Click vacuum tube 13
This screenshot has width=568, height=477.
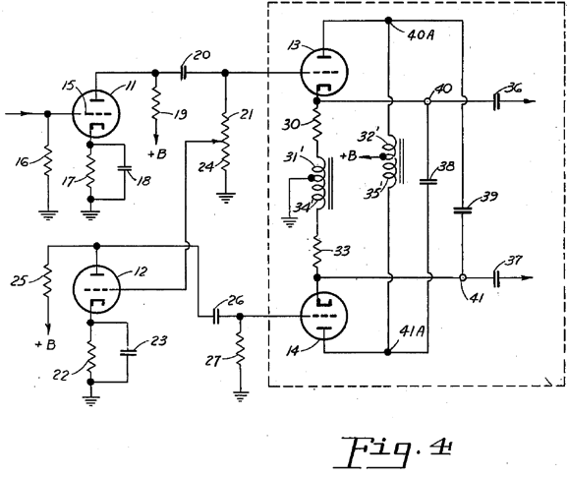pos(324,72)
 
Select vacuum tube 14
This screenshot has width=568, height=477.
pos(324,316)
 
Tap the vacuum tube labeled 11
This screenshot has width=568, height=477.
pos(96,114)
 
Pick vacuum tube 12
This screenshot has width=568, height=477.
pos(96,289)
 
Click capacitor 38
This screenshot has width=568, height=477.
pos(427,181)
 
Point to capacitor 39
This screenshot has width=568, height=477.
pos(463,209)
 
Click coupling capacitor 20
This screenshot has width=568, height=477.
pos(184,73)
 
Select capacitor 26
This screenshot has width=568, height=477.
pos(216,317)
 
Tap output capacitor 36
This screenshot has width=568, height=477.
pos(497,101)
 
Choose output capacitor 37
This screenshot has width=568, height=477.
pos(497,278)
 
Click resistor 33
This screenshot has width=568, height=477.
pos(317,251)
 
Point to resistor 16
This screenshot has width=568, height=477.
pos(47,161)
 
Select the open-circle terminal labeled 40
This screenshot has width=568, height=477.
pos(427,101)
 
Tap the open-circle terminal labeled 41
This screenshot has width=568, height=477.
pos(463,278)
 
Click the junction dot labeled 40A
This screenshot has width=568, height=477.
pos(388,21)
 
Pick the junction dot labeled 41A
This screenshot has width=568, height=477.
pos(388,352)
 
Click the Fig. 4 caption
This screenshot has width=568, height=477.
pos(393,451)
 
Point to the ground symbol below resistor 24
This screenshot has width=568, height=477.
pos(225,198)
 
